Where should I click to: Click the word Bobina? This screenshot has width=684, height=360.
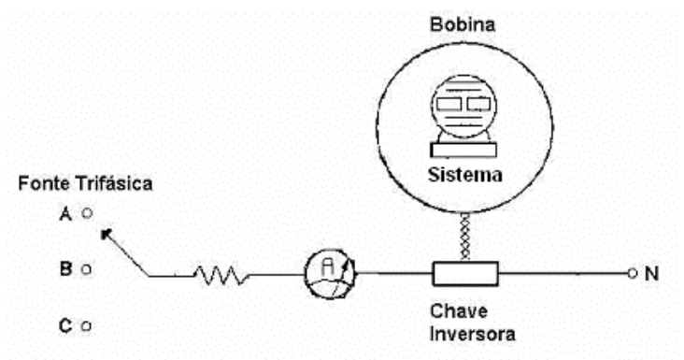click(x=463, y=24)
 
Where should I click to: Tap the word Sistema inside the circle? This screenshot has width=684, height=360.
click(x=465, y=175)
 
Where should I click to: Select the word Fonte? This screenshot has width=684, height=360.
click(x=43, y=183)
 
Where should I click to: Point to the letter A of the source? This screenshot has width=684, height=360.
click(x=65, y=214)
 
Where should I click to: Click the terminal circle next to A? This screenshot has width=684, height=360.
click(x=87, y=213)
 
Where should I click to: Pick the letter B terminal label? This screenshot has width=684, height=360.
click(x=65, y=268)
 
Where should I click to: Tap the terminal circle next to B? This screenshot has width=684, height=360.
click(x=86, y=269)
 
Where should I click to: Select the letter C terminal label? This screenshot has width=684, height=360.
click(x=65, y=325)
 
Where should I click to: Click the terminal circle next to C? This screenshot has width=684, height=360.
click(x=86, y=325)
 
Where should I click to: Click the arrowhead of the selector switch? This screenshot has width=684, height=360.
click(x=106, y=234)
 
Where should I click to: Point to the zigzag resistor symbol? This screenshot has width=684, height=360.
click(x=221, y=275)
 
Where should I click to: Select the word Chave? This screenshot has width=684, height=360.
click(x=459, y=311)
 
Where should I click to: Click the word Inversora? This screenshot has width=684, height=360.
click(x=473, y=334)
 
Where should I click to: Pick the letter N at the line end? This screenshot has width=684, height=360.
click(x=651, y=274)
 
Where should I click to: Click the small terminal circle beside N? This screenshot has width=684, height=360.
click(x=633, y=274)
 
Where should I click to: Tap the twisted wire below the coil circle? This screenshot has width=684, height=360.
click(x=465, y=237)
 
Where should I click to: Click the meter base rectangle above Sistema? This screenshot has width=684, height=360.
click(x=463, y=150)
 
